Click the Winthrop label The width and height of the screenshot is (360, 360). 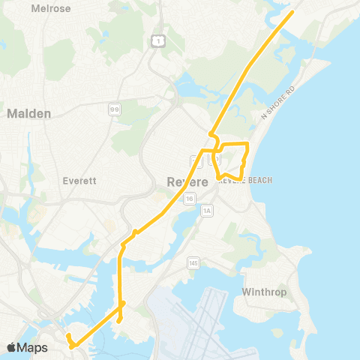click(265, 292)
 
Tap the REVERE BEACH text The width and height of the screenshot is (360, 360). click(244, 181)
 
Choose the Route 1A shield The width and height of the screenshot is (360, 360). click(207, 211)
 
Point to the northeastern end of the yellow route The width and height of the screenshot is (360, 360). click(292, 12)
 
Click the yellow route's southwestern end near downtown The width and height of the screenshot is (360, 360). click(67, 336)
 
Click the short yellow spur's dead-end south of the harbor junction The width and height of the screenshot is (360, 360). click(119, 322)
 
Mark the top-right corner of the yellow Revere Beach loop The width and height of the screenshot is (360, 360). click(247, 142)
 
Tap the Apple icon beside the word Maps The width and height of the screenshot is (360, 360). click(11, 347)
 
